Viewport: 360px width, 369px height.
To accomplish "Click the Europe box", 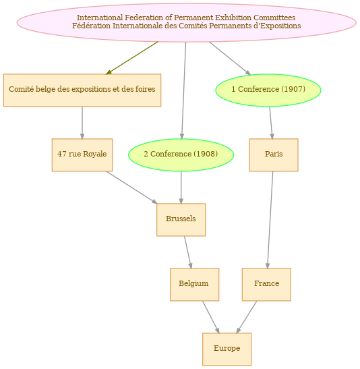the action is (x=227, y=349).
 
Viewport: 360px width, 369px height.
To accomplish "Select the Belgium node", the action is (x=194, y=284).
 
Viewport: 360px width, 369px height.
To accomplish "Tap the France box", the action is (x=266, y=284).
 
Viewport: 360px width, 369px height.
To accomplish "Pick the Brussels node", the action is (x=181, y=219).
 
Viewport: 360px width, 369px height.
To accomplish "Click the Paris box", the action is (x=274, y=155).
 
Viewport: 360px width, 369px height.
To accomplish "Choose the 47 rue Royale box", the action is (x=82, y=155).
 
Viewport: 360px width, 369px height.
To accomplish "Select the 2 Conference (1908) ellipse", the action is (x=181, y=155).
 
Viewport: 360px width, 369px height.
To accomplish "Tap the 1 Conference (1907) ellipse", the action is (x=268, y=90).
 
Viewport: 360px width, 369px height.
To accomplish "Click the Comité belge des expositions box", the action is (x=82, y=90).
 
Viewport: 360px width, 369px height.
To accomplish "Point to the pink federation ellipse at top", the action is (x=187, y=22).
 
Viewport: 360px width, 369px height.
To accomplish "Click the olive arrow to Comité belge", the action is (x=131, y=58).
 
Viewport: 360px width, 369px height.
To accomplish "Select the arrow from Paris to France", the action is (x=270, y=220).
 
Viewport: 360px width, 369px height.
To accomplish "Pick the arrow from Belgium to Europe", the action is (x=211, y=317).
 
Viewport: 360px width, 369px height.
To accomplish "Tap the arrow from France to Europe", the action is (x=247, y=317).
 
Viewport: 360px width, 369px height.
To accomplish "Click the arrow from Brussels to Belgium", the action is (x=188, y=252).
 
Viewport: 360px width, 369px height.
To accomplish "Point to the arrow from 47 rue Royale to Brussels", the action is (x=131, y=188).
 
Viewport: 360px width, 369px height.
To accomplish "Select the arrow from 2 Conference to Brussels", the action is (x=181, y=188).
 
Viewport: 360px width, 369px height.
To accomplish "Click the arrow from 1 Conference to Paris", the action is (x=271, y=123).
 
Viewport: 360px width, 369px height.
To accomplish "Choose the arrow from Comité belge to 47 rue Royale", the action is (x=82, y=123).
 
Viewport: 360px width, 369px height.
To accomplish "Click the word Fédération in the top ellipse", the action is (x=91, y=26).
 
